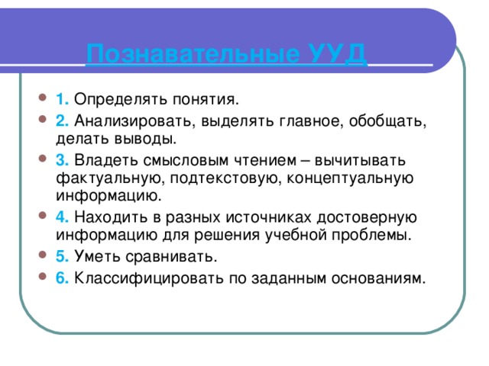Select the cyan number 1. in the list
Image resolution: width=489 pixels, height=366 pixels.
click(x=63, y=98)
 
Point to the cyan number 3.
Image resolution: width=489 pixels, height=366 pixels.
click(x=63, y=160)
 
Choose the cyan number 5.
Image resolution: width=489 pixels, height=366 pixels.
click(x=63, y=253)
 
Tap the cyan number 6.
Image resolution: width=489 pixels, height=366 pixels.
click(x=63, y=275)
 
